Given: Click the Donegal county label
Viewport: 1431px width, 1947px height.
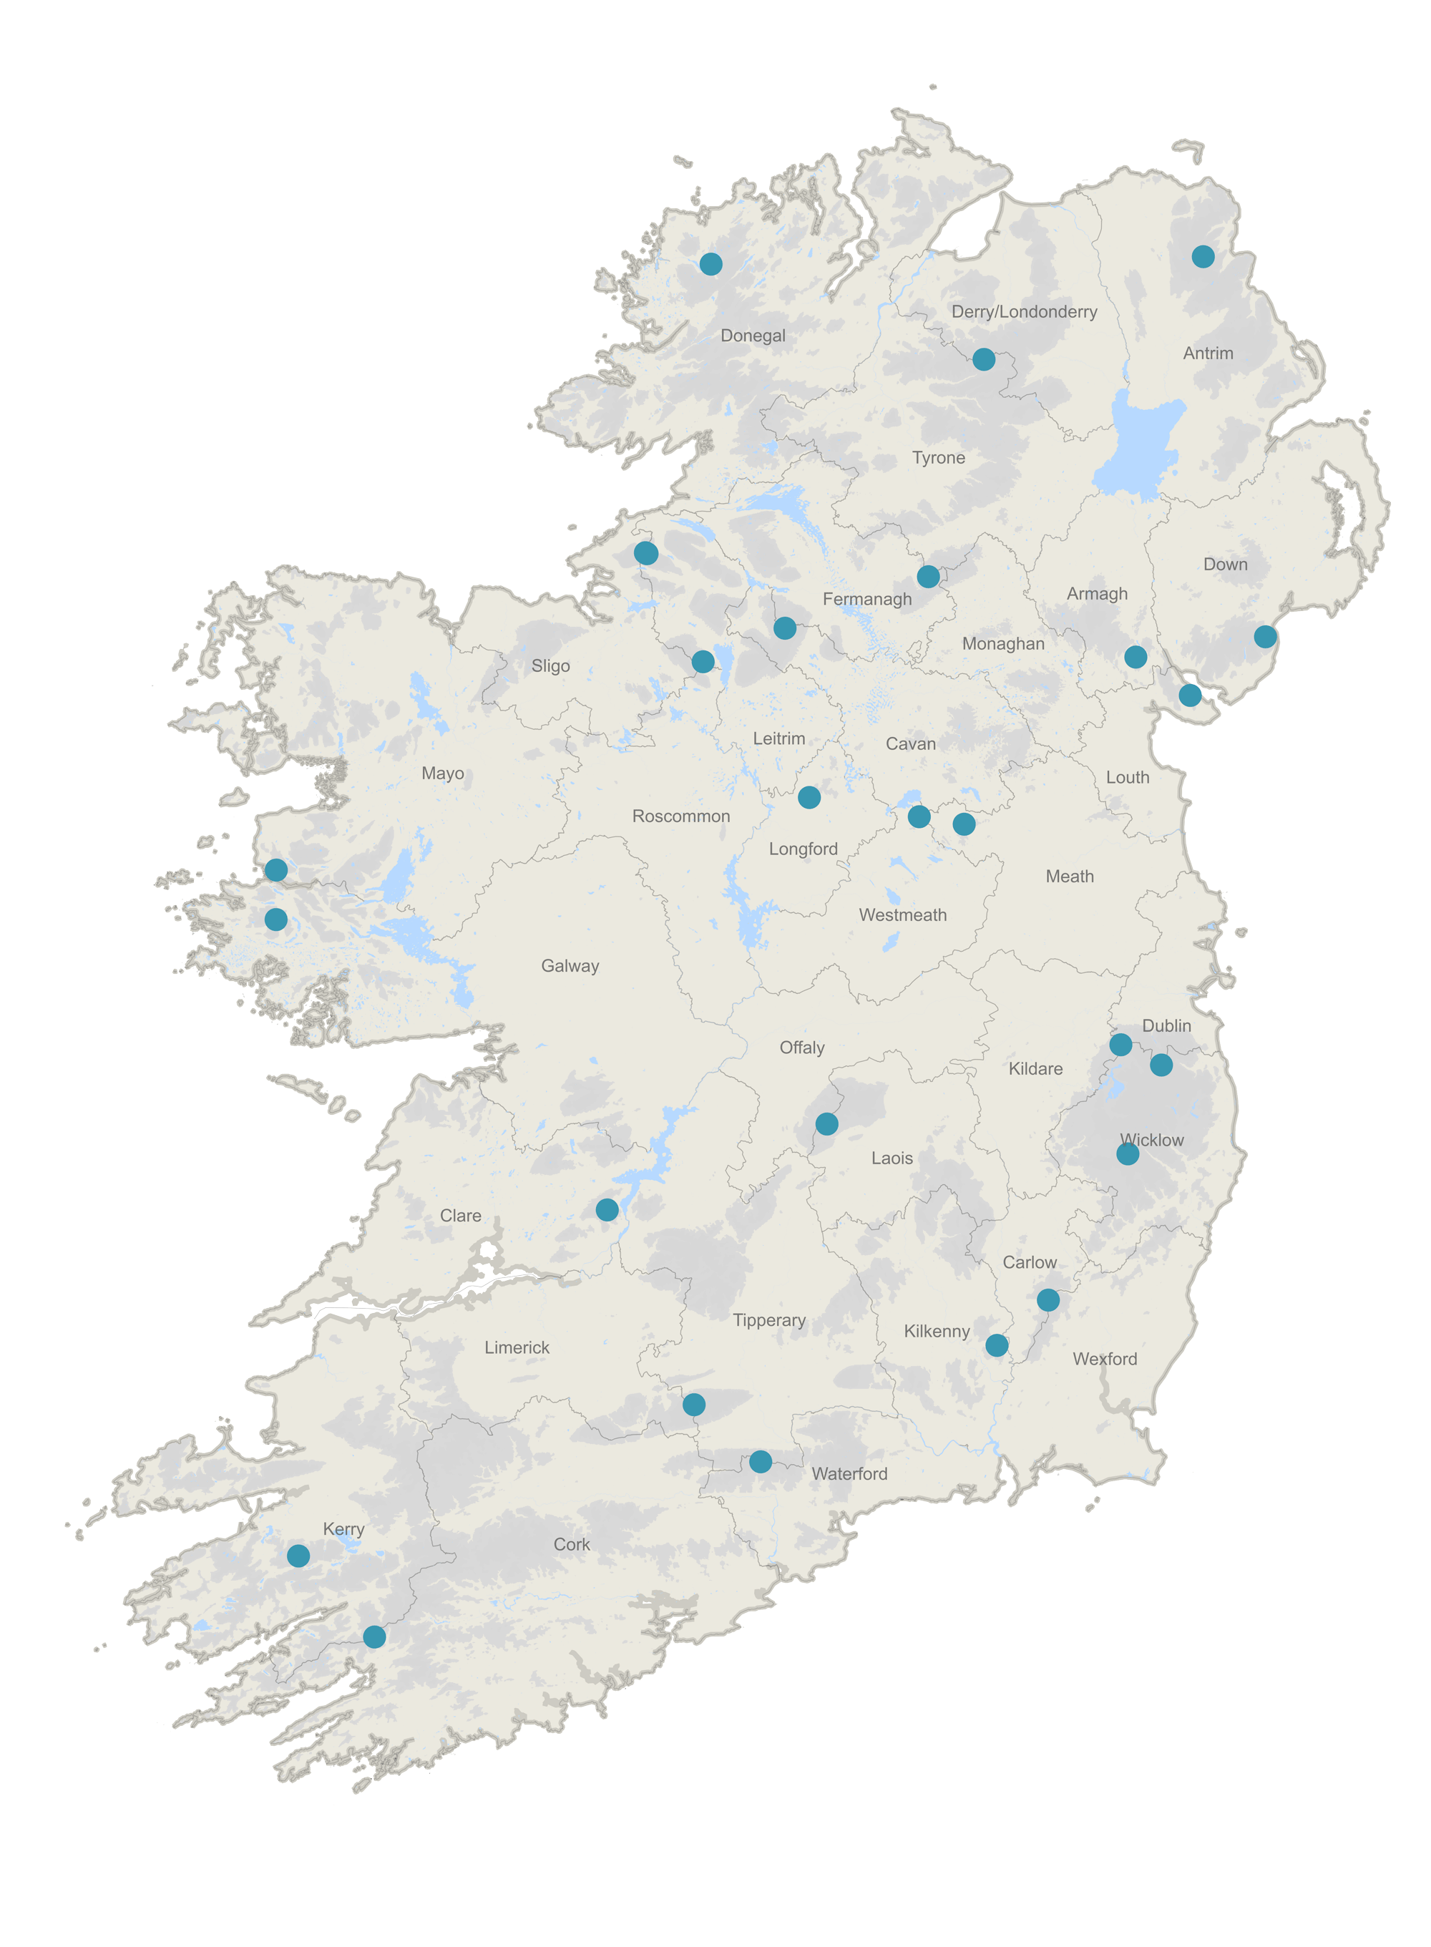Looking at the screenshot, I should (x=753, y=336).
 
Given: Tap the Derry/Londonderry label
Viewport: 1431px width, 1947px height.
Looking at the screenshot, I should (x=1024, y=312).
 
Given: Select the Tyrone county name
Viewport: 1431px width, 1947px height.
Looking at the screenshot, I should (x=938, y=458).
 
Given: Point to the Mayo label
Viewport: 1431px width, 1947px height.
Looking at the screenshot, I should (x=443, y=774).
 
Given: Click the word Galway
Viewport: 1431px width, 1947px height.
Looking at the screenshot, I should (x=570, y=966).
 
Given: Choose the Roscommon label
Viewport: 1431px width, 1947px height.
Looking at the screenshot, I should (x=681, y=816).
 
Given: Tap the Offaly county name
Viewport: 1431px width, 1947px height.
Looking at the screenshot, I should (x=801, y=1048).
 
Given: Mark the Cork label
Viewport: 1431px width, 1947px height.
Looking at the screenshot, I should (x=572, y=1544).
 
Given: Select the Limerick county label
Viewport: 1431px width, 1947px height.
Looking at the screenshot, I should (x=517, y=1347).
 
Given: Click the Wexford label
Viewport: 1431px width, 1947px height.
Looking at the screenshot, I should (x=1105, y=1359).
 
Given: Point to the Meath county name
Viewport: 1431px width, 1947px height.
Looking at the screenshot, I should (x=1069, y=877).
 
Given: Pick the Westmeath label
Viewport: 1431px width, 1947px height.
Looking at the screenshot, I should (x=903, y=915).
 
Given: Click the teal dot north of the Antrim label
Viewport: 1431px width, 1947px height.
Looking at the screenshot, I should (x=1202, y=256).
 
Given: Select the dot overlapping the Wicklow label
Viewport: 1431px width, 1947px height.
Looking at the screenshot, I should (x=1127, y=1153).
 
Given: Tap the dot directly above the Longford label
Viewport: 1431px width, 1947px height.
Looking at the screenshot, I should (x=809, y=798).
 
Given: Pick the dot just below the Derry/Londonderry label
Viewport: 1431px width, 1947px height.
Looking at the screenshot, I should (x=983, y=359).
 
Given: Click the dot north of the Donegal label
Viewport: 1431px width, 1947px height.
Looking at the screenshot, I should (x=710, y=264).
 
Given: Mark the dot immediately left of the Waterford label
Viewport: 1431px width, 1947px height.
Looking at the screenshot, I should (x=761, y=1462).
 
